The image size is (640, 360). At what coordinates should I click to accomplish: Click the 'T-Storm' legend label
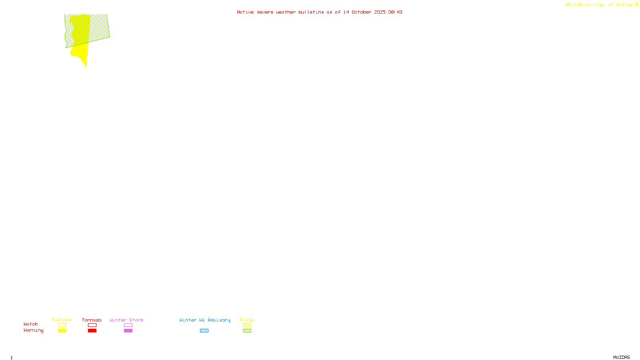tap(62, 320)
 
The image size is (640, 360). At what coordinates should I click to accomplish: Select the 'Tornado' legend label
tap(92, 320)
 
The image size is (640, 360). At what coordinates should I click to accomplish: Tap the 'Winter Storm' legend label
tap(126, 320)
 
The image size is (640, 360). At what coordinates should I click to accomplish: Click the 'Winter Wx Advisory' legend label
tap(205, 320)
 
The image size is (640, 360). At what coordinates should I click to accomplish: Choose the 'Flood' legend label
tap(247, 320)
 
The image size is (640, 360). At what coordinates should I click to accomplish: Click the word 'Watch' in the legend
tap(31, 324)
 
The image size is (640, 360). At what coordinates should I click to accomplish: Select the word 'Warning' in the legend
tap(34, 330)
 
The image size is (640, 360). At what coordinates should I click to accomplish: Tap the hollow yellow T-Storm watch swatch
tap(62, 325)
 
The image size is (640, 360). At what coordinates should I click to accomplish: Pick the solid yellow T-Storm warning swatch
tap(62, 331)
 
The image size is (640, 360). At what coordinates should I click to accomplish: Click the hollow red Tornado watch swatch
tap(92, 325)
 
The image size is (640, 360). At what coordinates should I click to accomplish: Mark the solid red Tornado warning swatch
tap(92, 331)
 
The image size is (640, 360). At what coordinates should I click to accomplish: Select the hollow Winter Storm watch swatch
tap(128, 325)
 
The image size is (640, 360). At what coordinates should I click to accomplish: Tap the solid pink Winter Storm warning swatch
tap(128, 331)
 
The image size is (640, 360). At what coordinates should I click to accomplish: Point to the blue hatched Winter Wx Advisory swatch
tap(204, 331)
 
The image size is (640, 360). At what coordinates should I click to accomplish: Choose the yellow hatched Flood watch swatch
tap(247, 325)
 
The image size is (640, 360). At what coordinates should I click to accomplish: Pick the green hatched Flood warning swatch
tap(247, 331)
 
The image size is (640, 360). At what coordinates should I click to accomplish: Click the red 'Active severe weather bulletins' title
tap(319, 12)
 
